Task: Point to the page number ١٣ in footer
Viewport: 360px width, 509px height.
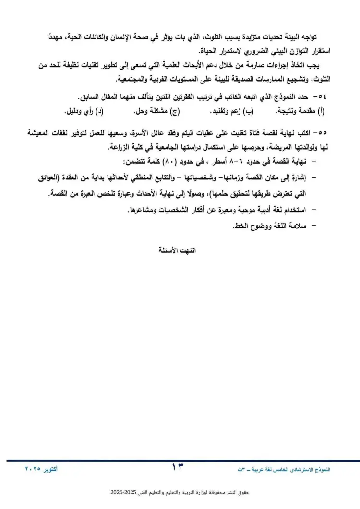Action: point(178,467)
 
